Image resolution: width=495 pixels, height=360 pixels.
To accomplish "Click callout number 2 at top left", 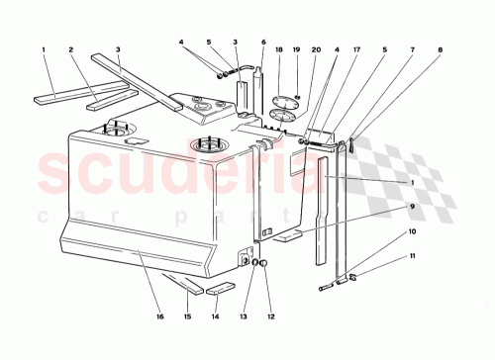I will [x=71, y=48].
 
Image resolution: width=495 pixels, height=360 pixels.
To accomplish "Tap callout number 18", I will [x=280, y=48].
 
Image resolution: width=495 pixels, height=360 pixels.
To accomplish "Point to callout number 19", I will [x=297, y=48].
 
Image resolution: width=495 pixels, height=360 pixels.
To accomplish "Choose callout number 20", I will [x=317, y=48].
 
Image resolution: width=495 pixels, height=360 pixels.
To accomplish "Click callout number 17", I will [x=356, y=48].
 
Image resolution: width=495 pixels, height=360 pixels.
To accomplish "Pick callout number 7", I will [x=411, y=48].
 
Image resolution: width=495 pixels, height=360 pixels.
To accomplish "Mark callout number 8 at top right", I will [x=440, y=48].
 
